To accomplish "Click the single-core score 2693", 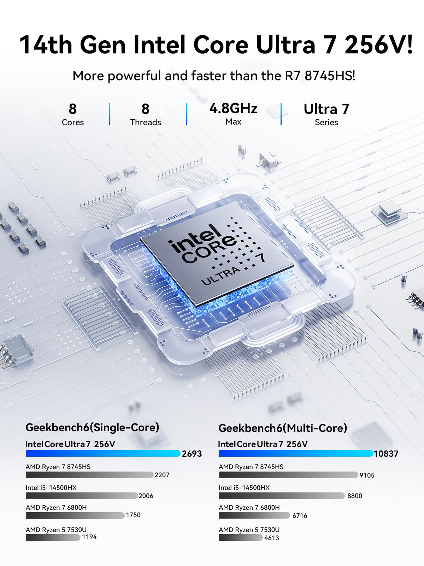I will pyautogui.click(x=192, y=454).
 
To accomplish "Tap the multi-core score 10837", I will pyautogui.click(x=386, y=454).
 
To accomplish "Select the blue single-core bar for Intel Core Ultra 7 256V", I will pyautogui.click(x=103, y=454).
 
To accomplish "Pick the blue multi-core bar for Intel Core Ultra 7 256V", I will pyautogui.click(x=296, y=454).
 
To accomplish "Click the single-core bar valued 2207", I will pyautogui.click(x=89, y=475).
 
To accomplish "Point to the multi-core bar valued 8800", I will pyautogui.click(x=281, y=496).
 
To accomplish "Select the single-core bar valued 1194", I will pyautogui.click(x=53, y=537).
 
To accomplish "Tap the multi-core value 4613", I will pyautogui.click(x=271, y=538).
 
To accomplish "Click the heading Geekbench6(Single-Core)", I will pyautogui.click(x=92, y=427).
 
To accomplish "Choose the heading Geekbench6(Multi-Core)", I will pyautogui.click(x=283, y=428).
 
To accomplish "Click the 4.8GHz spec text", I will pyautogui.click(x=233, y=109).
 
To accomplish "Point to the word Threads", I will pyautogui.click(x=145, y=122).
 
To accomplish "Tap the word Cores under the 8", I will pyautogui.click(x=72, y=122).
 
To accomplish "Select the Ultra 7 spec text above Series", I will pyautogui.click(x=326, y=109).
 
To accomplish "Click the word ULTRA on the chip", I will pyautogui.click(x=221, y=276).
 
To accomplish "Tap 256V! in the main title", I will pyautogui.click(x=378, y=45).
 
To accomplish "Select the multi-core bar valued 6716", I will pyautogui.click(x=254, y=515).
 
